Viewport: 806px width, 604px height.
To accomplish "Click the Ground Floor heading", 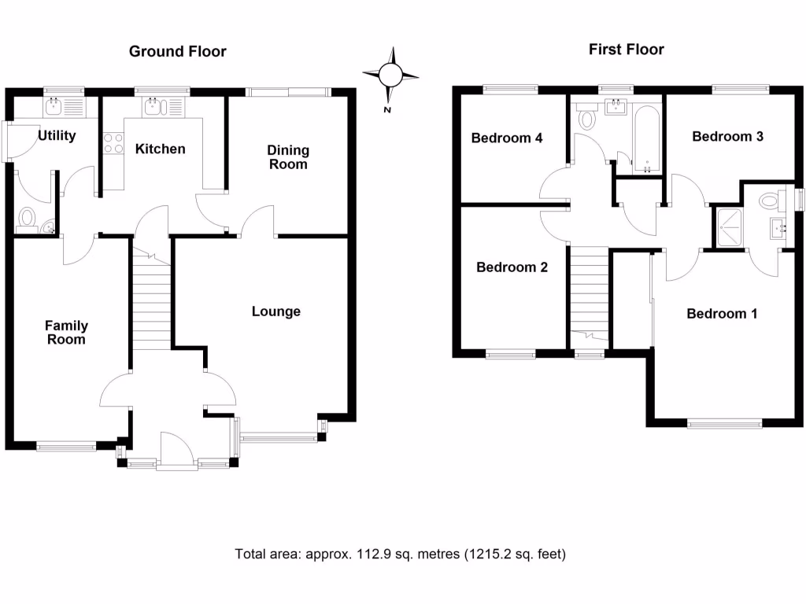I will [x=177, y=52].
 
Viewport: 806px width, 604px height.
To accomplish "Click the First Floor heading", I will [x=626, y=50].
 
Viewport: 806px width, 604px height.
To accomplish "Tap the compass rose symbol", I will [x=391, y=75].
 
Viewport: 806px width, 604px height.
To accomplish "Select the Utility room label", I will [x=57, y=136].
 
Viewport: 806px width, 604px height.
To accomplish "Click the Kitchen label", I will [x=160, y=149].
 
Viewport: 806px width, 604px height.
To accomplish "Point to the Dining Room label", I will [x=288, y=157].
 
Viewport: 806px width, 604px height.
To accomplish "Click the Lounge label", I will [x=276, y=311].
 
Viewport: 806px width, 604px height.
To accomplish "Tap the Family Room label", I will [x=66, y=332].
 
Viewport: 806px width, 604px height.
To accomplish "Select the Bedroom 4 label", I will [x=507, y=138].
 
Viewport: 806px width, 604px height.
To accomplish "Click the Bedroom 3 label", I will [x=727, y=136].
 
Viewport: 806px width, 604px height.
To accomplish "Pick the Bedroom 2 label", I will [x=512, y=267].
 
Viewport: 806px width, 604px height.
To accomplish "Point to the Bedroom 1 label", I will [x=722, y=314].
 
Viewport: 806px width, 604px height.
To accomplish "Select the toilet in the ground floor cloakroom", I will [x=28, y=218].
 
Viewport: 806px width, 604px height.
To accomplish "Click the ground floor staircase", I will [x=152, y=303].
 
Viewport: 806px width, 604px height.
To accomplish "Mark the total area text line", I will [x=401, y=554].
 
